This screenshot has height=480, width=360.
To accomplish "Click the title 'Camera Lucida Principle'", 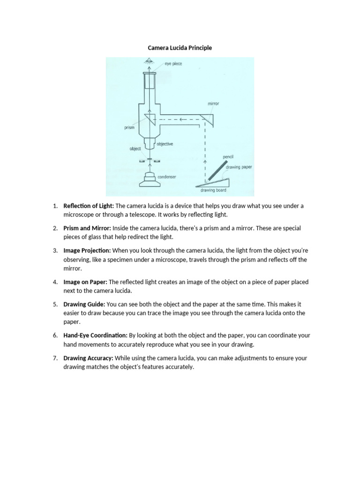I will coord(180,48).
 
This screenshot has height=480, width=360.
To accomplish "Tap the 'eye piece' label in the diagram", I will coord(173,63).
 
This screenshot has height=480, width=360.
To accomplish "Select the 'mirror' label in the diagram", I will coord(213,103).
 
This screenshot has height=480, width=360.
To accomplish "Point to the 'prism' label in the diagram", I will coord(130,127).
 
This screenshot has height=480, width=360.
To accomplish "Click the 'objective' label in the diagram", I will coord(165,144).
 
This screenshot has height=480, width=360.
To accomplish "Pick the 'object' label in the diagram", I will coord(135,149).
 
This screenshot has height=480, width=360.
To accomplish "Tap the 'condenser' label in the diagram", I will coord(166,177).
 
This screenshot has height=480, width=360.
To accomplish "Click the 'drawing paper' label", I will coord(239,167).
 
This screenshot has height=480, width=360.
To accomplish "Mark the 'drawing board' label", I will coord(213,190).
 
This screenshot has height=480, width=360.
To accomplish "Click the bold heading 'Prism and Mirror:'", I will coord(87,228).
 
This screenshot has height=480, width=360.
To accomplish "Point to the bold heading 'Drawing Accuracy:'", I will coord(88,358).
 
